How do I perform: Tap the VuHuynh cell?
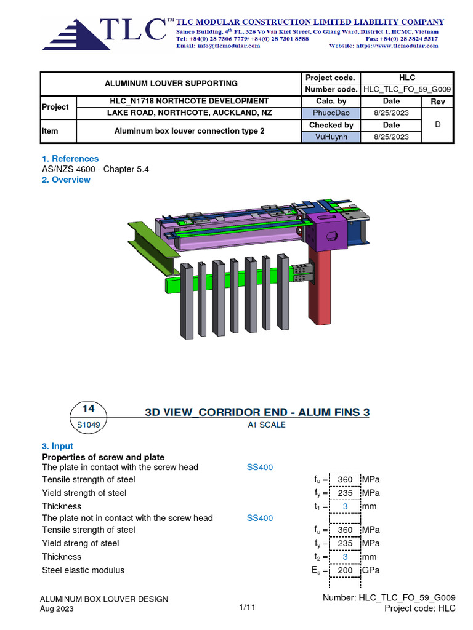pyautogui.click(x=331, y=137)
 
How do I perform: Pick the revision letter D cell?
pyautogui.click(x=438, y=124)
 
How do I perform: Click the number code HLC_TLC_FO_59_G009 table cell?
pyautogui.click(x=407, y=89)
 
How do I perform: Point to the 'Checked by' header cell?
pyautogui.click(x=331, y=125)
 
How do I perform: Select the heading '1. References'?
pyautogui.click(x=70, y=158)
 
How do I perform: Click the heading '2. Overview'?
pyautogui.click(x=66, y=180)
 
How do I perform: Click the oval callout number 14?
pyautogui.click(x=88, y=409)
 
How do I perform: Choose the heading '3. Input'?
pyautogui.click(x=57, y=446)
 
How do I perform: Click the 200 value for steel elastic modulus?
pyautogui.click(x=345, y=570)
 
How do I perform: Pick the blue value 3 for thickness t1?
pyautogui.click(x=345, y=506)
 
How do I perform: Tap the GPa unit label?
pyautogui.click(x=371, y=570)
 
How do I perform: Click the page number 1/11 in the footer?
pyautogui.click(x=247, y=607)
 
